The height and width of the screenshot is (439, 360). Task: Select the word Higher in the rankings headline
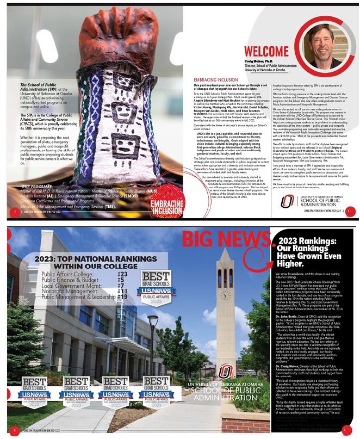click(x=295, y=263)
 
